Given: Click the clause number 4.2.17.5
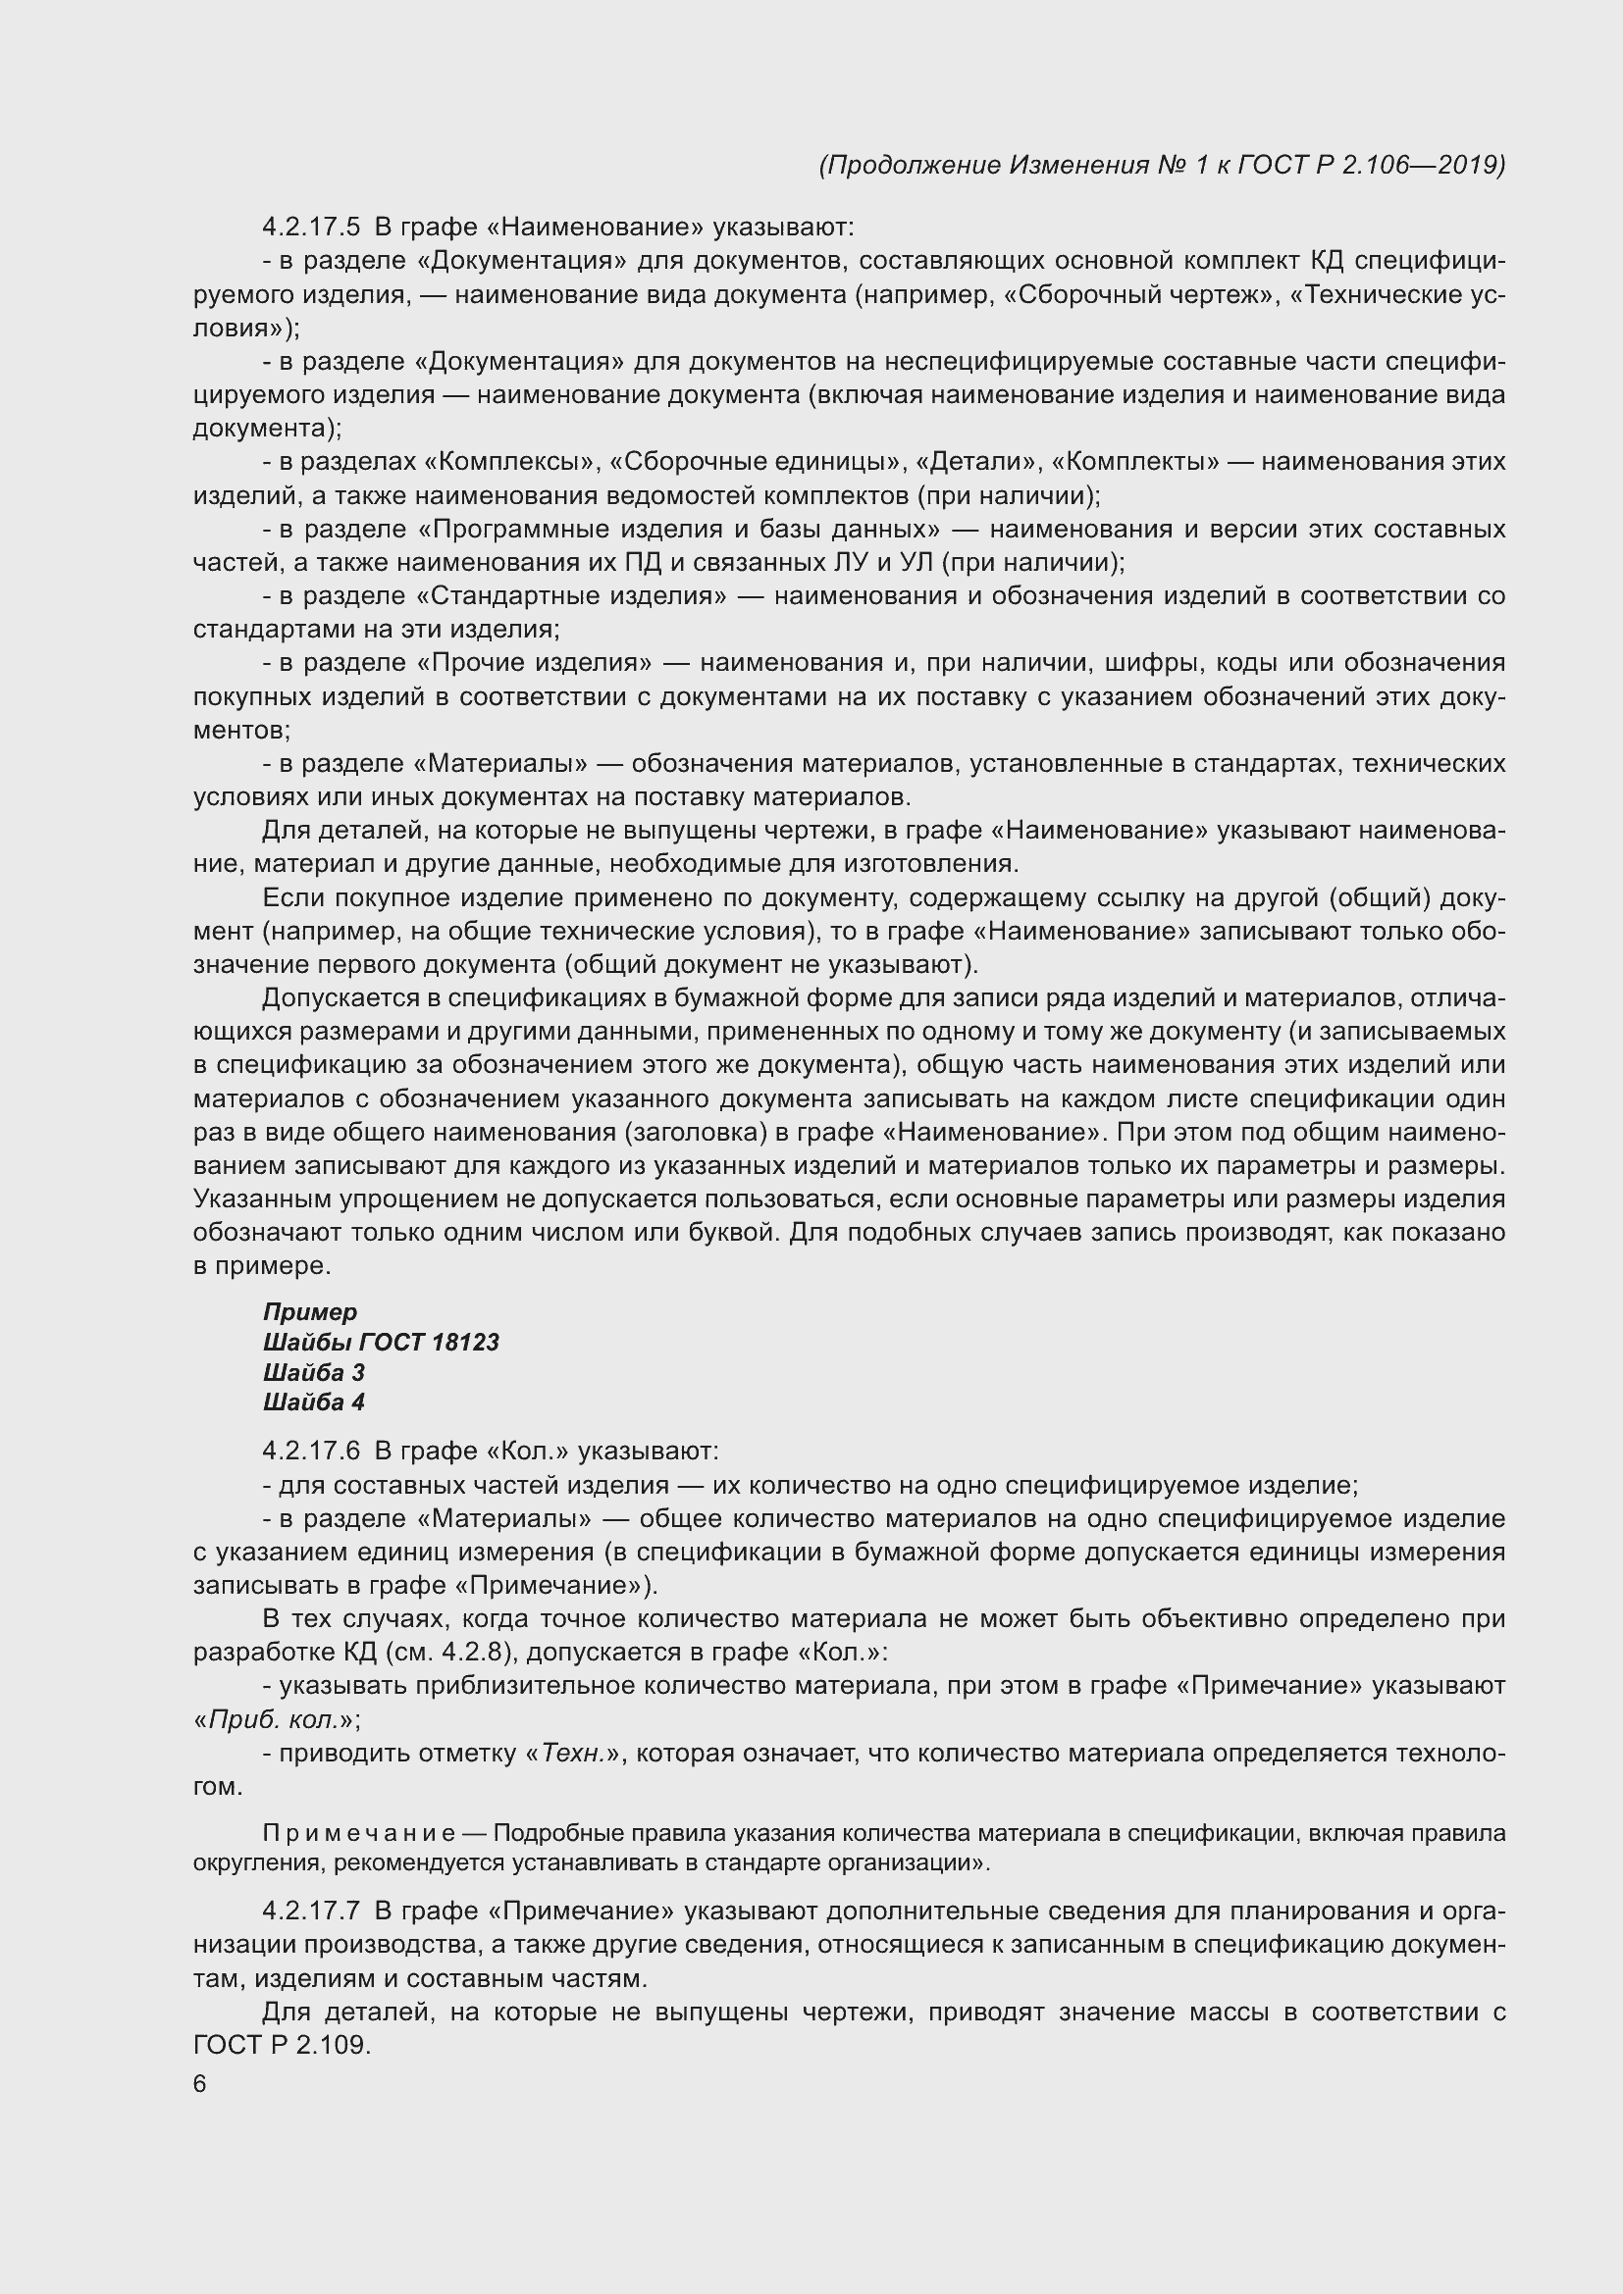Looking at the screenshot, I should tap(311, 228).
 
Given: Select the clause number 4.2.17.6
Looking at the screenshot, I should tap(311, 1451).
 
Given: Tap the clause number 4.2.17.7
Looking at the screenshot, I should tap(311, 1912).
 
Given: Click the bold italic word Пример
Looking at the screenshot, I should tap(310, 1312).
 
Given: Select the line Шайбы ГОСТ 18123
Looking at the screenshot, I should tap(381, 1342).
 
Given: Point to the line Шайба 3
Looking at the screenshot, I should tap(314, 1372).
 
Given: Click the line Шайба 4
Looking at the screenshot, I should tap(314, 1402).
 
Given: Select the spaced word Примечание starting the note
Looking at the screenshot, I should tap(359, 1833).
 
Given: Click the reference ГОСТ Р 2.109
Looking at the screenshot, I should tap(281, 2045).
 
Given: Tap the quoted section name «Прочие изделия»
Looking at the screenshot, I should tap(535, 663).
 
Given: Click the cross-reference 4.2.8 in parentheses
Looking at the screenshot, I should tap(470, 1653).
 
